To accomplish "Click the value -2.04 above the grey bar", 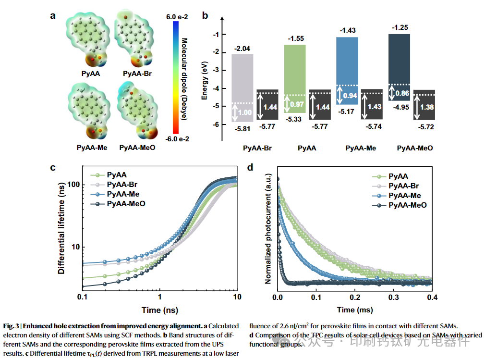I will click(x=242, y=49).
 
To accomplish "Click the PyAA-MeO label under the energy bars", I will click(x=415, y=148).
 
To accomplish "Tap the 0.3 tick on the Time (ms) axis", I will click(x=394, y=298).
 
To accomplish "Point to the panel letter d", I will click(x=250, y=167).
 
